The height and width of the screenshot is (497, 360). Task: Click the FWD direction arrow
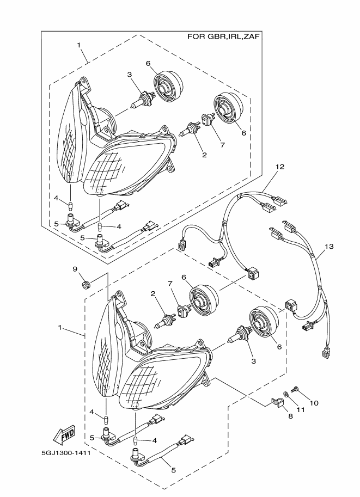click(x=64, y=435)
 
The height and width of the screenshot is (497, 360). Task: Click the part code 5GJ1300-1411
click(x=65, y=452)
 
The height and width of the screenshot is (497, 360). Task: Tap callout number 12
click(x=279, y=168)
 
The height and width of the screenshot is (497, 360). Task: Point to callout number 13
click(x=328, y=246)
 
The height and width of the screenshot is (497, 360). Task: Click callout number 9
click(x=76, y=269)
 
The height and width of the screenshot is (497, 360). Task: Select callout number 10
click(x=314, y=403)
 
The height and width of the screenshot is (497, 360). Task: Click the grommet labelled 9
click(x=85, y=284)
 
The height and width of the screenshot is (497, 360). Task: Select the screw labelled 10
click(x=295, y=390)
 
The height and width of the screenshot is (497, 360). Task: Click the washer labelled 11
click(x=286, y=394)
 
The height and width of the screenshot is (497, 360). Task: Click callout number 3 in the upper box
click(x=130, y=75)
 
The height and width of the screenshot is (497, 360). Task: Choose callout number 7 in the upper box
click(x=222, y=145)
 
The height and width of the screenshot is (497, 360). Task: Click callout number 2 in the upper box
click(x=204, y=155)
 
